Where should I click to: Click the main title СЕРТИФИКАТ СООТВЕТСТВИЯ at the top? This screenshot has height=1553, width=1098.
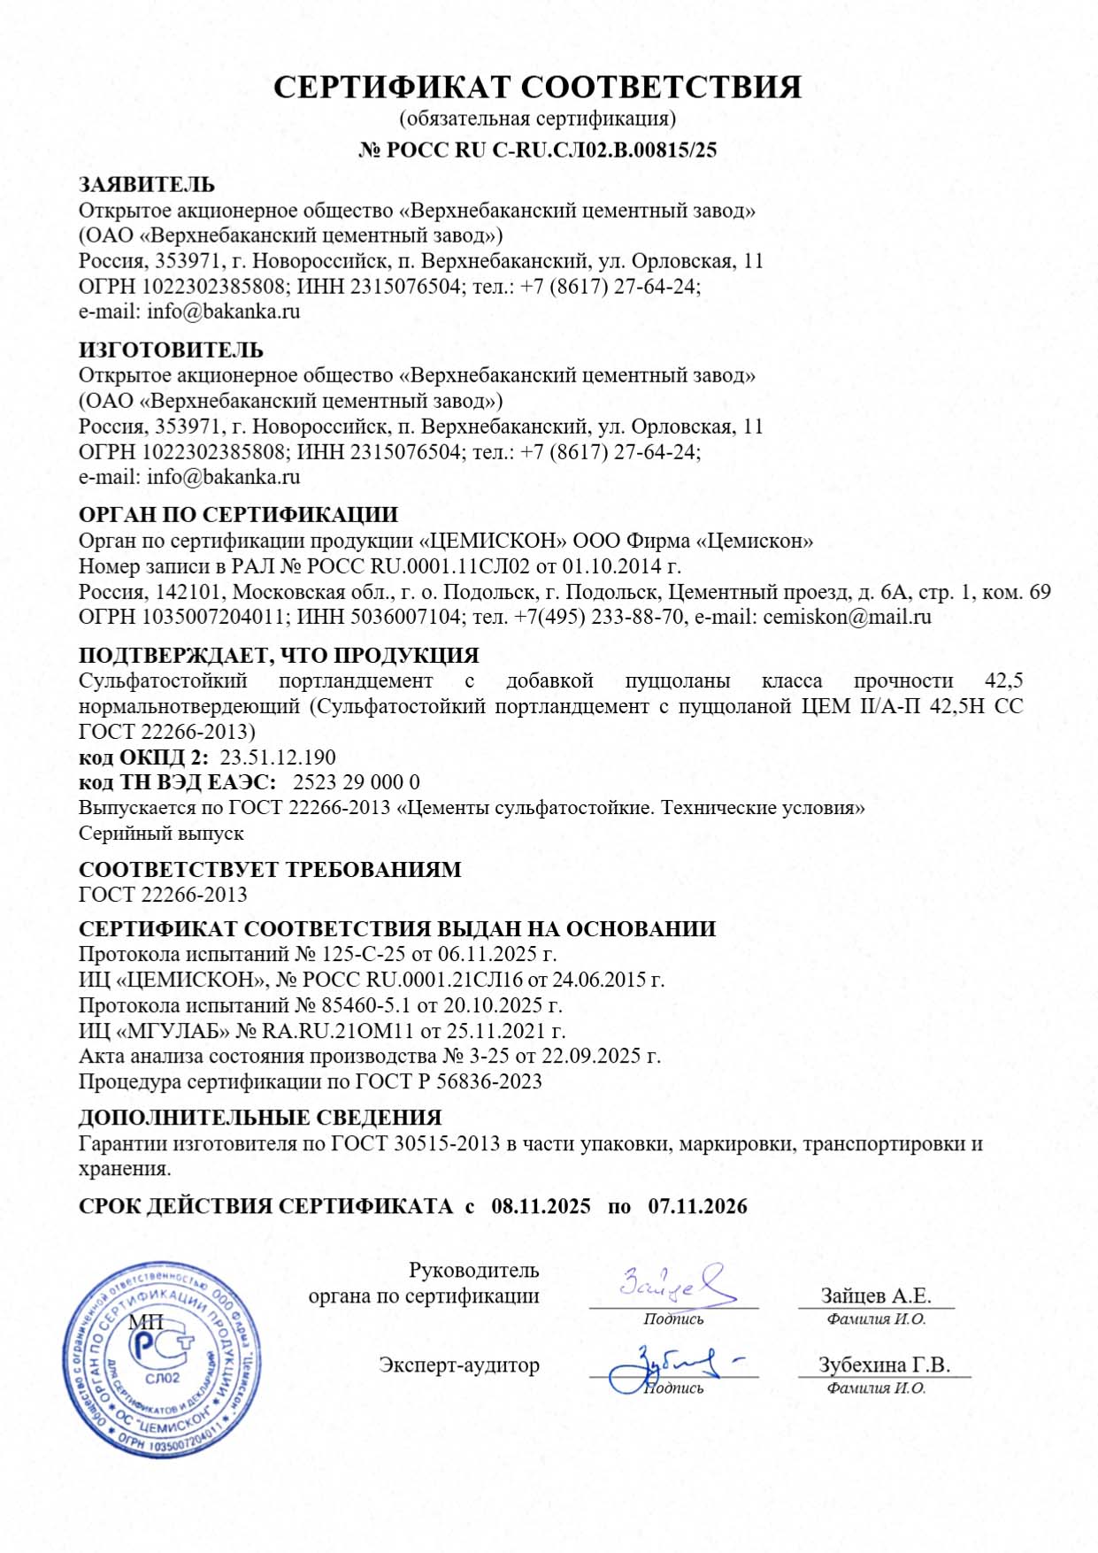click(537, 87)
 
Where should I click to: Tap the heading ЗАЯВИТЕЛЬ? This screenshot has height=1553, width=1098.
click(147, 185)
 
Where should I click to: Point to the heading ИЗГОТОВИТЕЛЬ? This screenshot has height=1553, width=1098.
click(171, 350)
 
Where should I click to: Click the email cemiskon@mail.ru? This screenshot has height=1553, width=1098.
click(847, 617)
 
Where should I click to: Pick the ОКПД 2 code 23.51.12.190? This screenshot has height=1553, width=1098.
click(277, 757)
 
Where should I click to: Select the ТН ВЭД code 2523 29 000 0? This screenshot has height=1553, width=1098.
click(356, 782)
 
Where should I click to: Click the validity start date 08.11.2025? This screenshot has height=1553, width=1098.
click(541, 1206)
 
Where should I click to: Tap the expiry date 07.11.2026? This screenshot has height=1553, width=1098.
click(697, 1206)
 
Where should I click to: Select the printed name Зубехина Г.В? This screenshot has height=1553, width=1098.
click(884, 1365)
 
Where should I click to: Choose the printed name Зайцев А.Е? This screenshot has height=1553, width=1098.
click(876, 1295)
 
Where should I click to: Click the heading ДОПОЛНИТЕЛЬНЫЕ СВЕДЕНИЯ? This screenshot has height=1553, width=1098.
click(260, 1118)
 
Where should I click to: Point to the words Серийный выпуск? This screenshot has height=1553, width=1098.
click(161, 834)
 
